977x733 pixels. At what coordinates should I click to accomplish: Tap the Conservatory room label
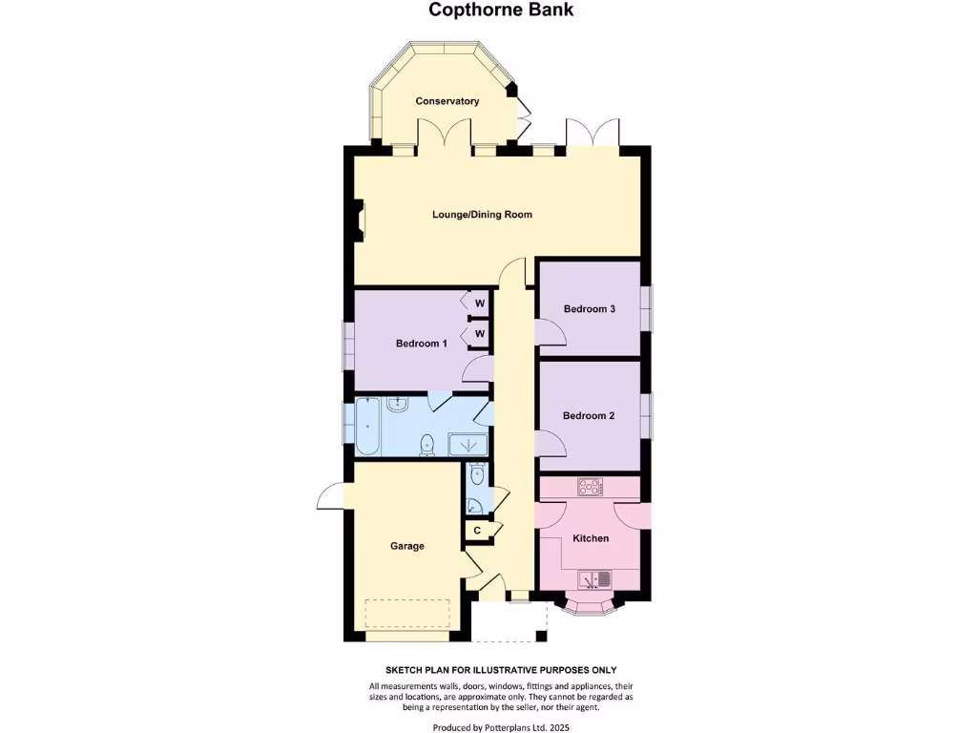pos(447,101)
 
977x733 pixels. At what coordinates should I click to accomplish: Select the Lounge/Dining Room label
pos(482,215)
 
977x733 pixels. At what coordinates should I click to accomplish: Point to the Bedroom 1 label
pos(422,344)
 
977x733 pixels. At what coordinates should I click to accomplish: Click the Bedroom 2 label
pos(588,416)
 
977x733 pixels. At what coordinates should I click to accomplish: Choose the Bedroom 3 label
pos(589,309)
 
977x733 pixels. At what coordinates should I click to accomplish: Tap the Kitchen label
pos(590,538)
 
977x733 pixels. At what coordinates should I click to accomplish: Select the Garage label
pos(406,546)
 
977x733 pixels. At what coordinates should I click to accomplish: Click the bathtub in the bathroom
pos(366,427)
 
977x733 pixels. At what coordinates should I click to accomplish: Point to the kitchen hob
pos(589,487)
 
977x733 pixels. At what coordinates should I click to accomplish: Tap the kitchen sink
pos(594,578)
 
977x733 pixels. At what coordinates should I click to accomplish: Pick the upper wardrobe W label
pos(480,304)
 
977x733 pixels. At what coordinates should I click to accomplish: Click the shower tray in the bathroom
pos(468,444)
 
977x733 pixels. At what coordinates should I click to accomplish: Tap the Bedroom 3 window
pos(646,308)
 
